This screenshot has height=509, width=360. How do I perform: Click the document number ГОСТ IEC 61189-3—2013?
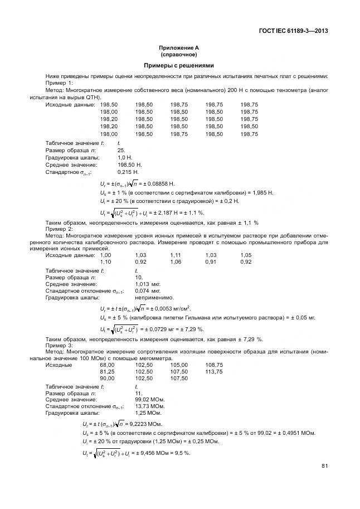pos(293,31)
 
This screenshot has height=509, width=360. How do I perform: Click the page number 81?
pos(324,467)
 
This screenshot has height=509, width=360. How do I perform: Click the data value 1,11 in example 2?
pos(176,255)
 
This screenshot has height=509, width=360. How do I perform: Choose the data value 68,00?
pos(107,365)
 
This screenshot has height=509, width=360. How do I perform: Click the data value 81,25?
pos(107,371)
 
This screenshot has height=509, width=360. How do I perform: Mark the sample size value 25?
pos(121,151)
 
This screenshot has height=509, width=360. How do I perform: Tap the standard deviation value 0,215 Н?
pos(128,172)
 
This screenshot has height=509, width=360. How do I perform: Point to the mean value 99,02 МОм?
pos(150,400)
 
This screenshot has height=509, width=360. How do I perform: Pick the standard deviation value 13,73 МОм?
pos(150,406)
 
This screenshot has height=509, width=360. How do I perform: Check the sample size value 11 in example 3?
pos(139,393)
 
